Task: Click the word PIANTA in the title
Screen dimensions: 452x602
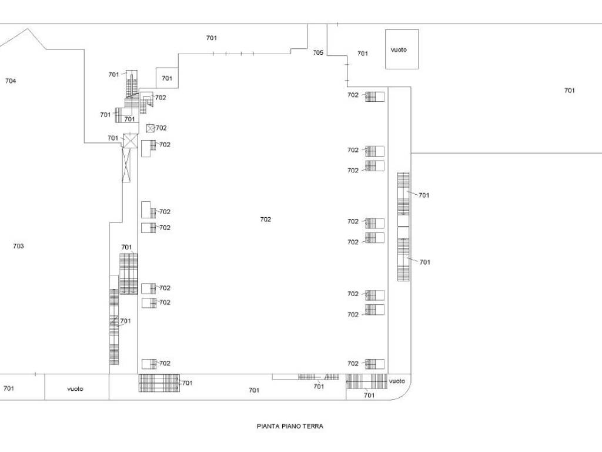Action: click(267, 426)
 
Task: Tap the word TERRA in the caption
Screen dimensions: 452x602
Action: click(312, 426)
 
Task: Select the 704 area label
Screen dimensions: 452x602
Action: click(11, 81)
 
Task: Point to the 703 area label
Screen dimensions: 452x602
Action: click(18, 246)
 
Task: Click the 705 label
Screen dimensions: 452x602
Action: click(318, 52)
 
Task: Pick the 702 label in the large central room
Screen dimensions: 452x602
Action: click(266, 220)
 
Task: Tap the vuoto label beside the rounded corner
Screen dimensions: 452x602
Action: click(397, 381)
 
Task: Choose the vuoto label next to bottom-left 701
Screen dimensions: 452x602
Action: click(75, 388)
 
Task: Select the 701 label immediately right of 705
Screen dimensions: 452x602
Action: click(363, 54)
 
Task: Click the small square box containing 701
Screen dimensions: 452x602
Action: click(167, 78)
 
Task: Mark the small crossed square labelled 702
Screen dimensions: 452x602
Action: click(150, 128)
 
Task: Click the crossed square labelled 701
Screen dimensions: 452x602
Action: click(130, 141)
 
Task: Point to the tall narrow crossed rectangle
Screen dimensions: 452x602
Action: click(126, 165)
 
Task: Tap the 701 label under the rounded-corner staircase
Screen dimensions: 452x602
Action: click(369, 395)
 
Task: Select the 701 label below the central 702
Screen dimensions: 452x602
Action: click(254, 390)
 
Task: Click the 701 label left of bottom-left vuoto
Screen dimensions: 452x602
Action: click(9, 388)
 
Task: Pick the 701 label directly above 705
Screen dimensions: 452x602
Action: click(212, 38)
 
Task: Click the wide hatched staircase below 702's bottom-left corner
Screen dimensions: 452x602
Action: click(159, 383)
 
